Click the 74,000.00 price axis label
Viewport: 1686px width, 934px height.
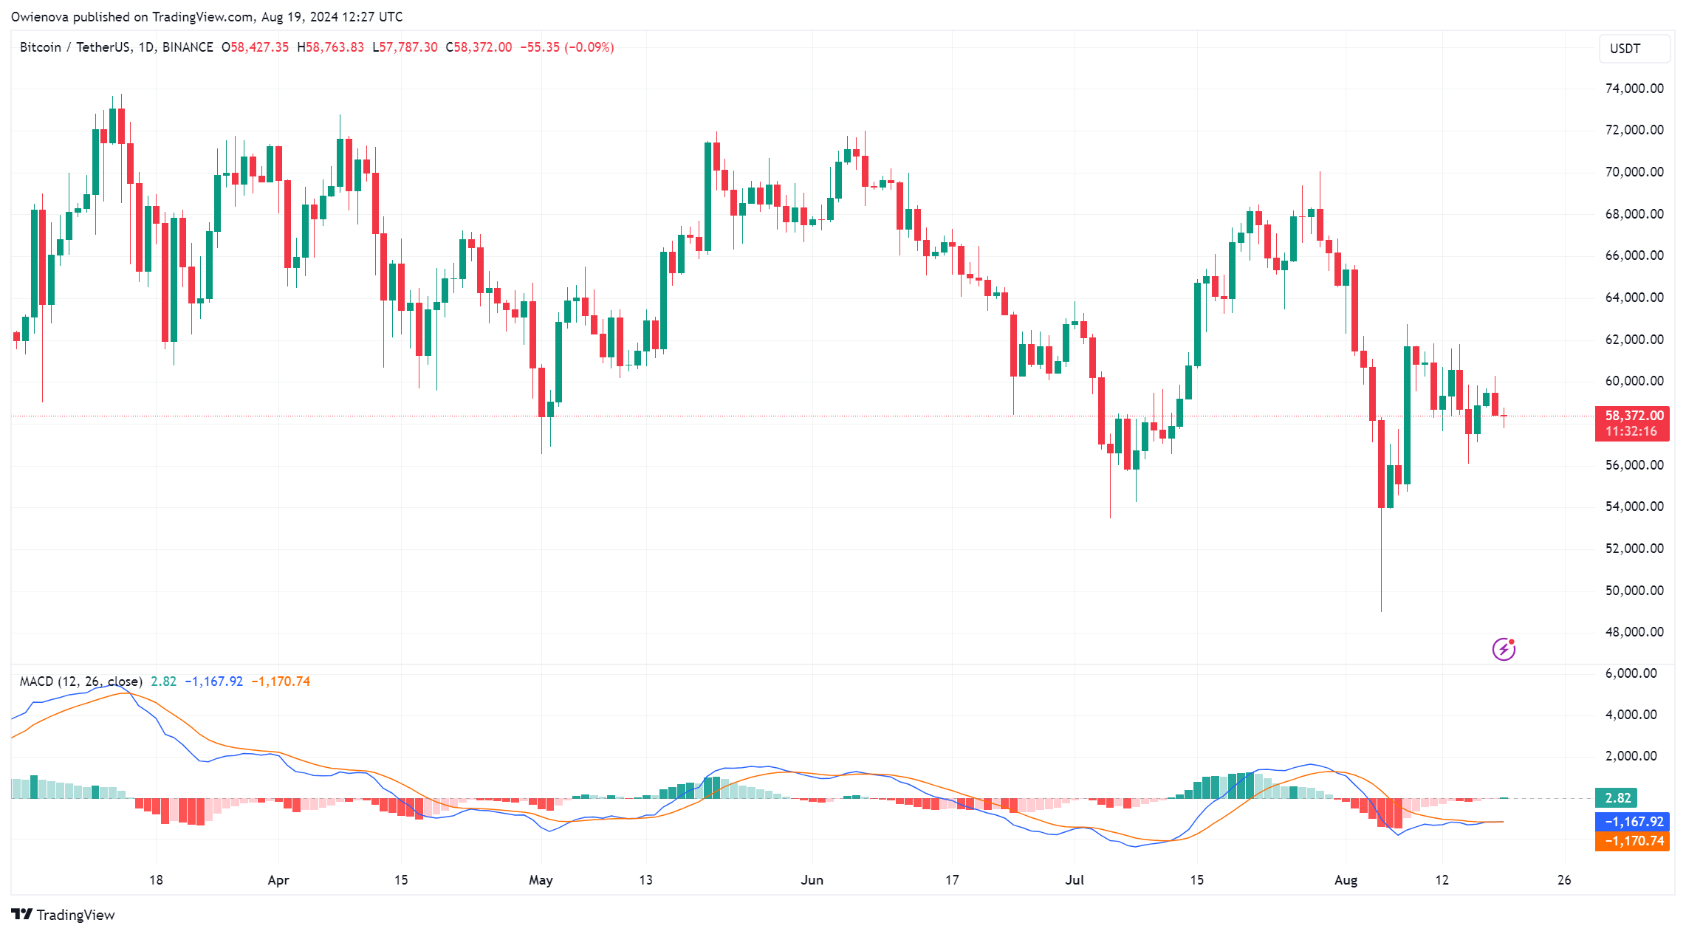pos(1634,89)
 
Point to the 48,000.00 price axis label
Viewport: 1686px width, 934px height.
pos(1634,632)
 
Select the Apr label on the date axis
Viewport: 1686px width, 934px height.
pos(278,880)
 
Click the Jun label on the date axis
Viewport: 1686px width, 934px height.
pos(812,880)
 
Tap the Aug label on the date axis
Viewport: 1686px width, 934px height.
pos(1346,880)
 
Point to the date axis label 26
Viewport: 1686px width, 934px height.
pos(1564,880)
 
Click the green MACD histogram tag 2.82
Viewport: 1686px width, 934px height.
pos(1617,798)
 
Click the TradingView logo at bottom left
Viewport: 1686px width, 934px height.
pos(64,915)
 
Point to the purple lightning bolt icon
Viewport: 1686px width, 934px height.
pos(1504,649)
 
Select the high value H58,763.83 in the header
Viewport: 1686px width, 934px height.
pos(330,47)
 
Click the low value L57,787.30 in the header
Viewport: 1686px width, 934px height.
pos(405,47)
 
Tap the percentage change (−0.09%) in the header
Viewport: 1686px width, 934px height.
pos(589,47)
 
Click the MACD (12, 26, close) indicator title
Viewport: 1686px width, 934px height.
pos(80,681)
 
